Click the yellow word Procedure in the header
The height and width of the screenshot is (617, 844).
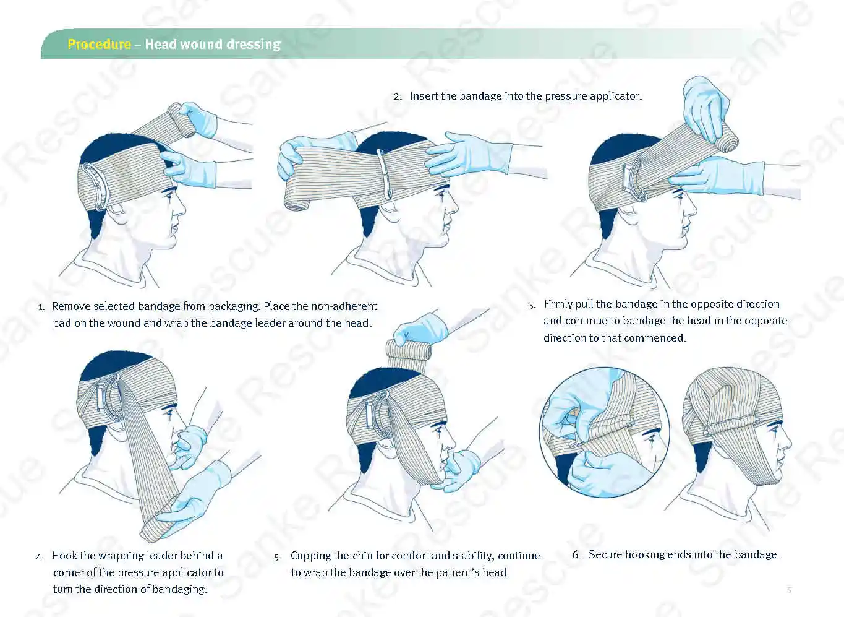pyautogui.click(x=99, y=44)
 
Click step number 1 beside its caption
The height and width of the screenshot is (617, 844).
pyautogui.click(x=41, y=307)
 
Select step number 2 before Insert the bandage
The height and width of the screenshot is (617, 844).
pyautogui.click(x=397, y=97)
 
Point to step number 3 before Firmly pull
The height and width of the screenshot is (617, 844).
pyautogui.click(x=531, y=305)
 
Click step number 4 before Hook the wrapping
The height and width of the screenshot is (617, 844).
pyautogui.click(x=40, y=557)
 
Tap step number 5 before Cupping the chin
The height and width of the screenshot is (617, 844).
pyautogui.click(x=278, y=557)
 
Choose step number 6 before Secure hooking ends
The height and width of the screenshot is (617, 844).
pyautogui.click(x=576, y=555)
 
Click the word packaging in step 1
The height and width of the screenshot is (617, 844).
pyautogui.click(x=234, y=306)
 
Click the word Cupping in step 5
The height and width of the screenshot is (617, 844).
pyautogui.click(x=310, y=556)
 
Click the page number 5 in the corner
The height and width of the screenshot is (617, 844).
pyautogui.click(x=788, y=590)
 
